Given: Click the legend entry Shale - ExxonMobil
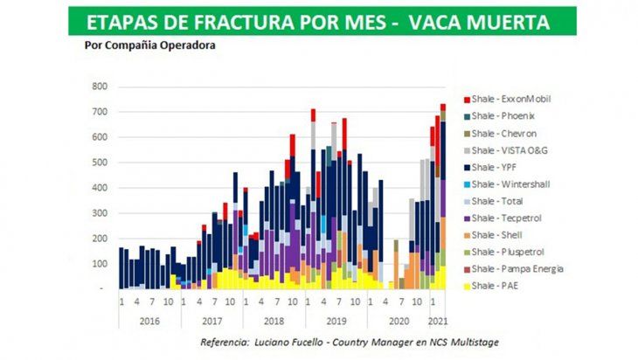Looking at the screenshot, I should (506, 99).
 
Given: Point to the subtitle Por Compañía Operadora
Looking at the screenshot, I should (149, 45).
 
